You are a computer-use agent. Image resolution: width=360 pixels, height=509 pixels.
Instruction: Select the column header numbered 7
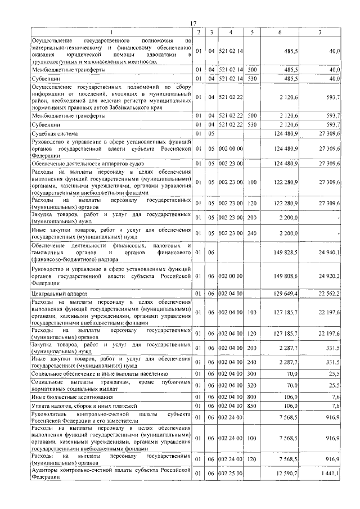pyautogui.click(x=319, y=32)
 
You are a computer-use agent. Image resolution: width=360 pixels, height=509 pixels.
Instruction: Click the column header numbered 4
pyautogui.click(x=231, y=32)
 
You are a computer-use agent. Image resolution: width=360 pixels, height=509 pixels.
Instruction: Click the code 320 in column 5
pyautogui.click(x=251, y=385)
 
